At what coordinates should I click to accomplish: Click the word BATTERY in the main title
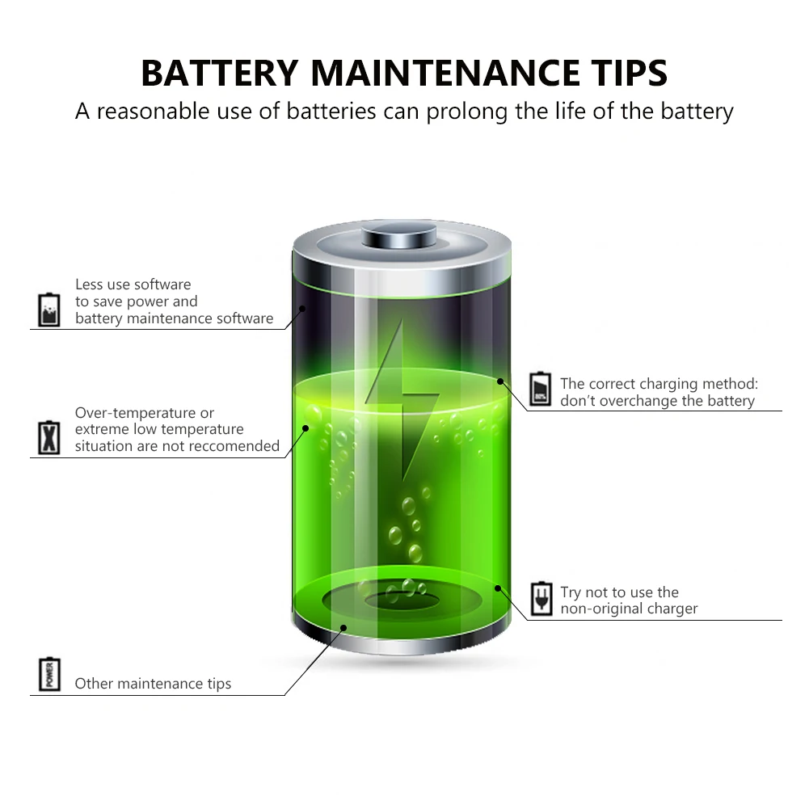[220, 73]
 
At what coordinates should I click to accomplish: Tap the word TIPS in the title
[630, 73]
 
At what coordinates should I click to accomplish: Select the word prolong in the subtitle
[467, 112]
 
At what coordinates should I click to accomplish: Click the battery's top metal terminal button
[398, 234]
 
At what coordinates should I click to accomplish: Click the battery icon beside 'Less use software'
[49, 310]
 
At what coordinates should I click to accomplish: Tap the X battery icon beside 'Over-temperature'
[49, 437]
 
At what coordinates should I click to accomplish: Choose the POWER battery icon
[49, 674]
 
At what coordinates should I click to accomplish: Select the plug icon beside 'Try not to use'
[541, 599]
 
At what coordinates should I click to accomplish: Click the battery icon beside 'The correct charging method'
[540, 389]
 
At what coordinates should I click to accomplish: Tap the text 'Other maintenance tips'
[154, 684]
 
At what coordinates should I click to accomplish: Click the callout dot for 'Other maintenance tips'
[343, 627]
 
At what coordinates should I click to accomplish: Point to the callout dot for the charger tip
[498, 588]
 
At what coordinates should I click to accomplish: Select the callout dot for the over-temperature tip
[305, 428]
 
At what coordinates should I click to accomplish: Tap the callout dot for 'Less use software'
[303, 309]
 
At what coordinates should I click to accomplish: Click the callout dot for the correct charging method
[500, 381]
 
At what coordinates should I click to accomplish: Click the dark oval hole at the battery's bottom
[402, 600]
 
